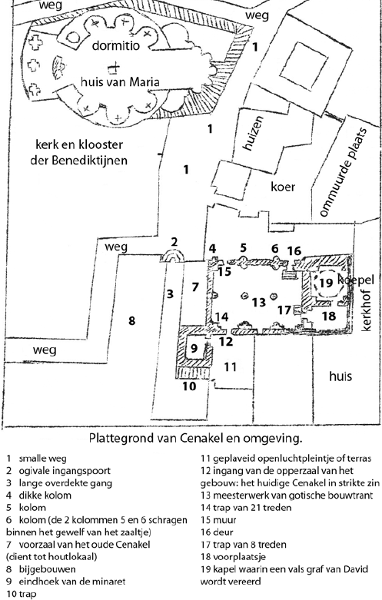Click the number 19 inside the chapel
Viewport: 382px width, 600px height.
(326, 283)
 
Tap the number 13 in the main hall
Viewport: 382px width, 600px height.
(259, 302)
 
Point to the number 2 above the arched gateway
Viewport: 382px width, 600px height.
(174, 242)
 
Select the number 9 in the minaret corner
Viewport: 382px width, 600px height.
(194, 348)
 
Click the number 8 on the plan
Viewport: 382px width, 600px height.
(131, 320)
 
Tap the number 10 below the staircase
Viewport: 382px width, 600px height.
(189, 386)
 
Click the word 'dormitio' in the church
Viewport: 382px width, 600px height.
(116, 45)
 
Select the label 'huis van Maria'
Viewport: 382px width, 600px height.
(119, 81)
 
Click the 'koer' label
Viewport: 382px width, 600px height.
(283, 187)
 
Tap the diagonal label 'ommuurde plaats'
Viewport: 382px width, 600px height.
(343, 172)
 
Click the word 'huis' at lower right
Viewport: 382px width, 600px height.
(340, 376)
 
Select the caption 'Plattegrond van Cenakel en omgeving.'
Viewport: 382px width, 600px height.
(195, 438)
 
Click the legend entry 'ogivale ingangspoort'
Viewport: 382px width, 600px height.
(65, 471)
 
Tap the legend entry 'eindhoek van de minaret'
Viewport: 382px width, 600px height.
(72, 582)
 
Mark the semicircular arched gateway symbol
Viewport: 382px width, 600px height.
(172, 256)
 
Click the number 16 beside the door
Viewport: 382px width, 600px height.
(294, 250)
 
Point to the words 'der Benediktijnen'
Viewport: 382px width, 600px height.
(79, 160)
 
